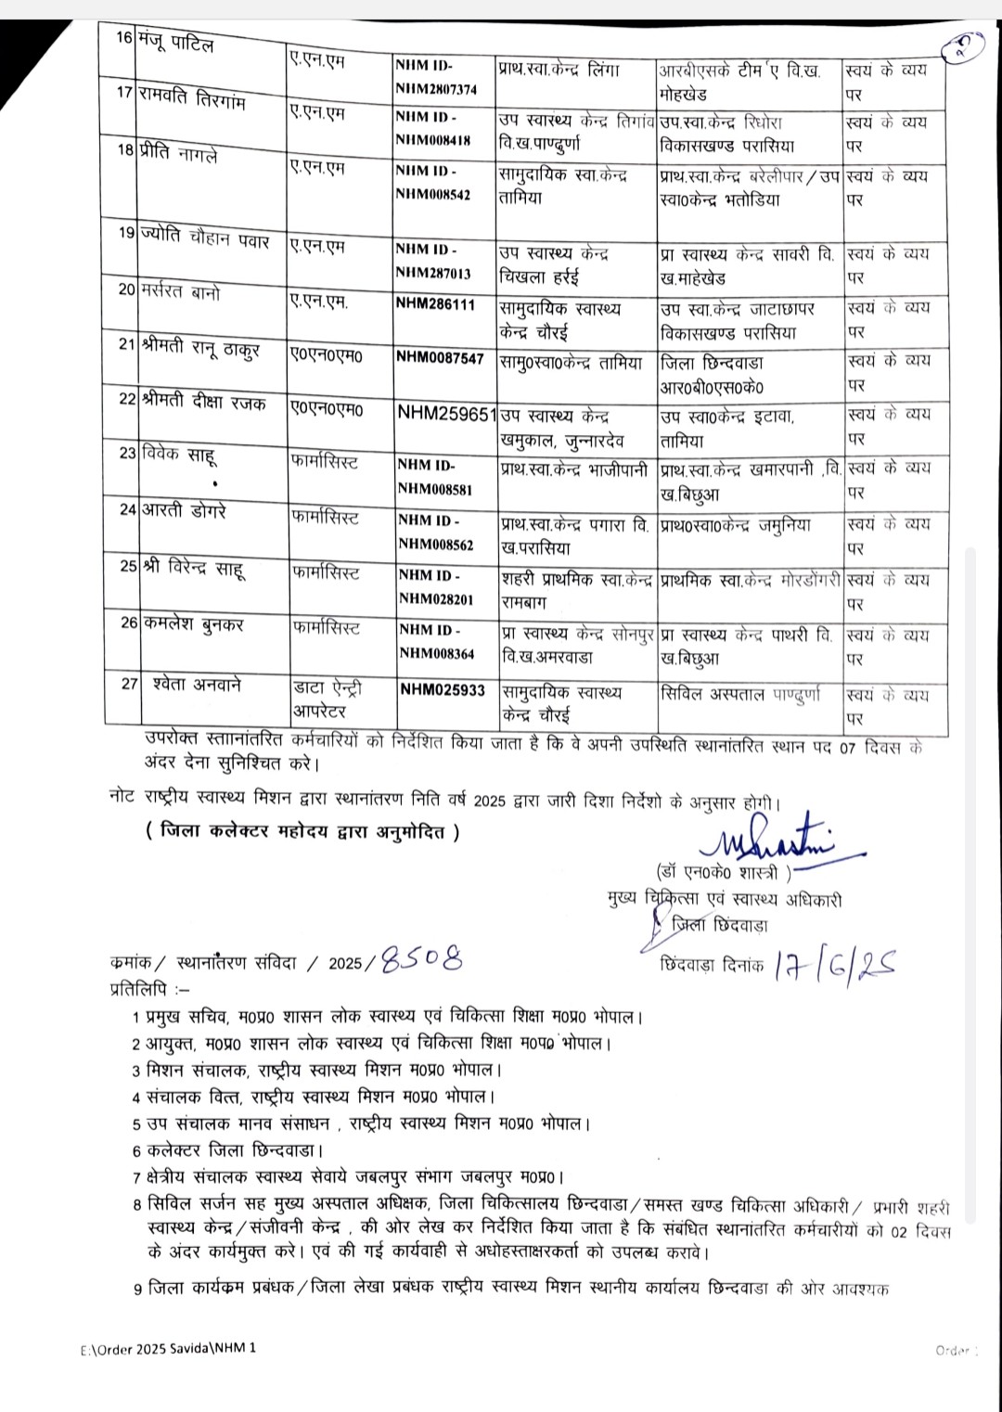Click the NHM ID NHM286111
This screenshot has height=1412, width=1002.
click(434, 303)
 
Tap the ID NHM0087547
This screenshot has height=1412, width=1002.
click(440, 358)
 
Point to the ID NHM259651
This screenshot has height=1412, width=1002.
click(446, 413)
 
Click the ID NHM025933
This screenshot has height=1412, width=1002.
click(443, 690)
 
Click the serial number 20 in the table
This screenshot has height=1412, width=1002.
click(127, 289)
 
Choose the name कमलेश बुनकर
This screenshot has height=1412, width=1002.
click(193, 624)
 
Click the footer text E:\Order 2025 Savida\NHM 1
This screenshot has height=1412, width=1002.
click(167, 1348)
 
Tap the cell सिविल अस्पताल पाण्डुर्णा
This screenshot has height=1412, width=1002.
click(741, 692)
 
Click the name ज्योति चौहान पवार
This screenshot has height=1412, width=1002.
click(205, 236)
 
